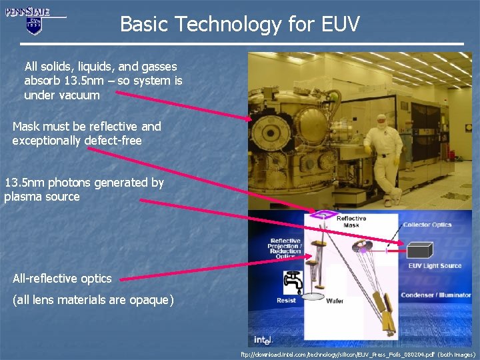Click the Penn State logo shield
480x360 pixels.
click(x=34, y=25)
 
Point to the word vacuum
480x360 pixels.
click(x=79, y=95)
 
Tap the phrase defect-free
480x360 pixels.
click(x=113, y=140)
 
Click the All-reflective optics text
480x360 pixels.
click(x=62, y=278)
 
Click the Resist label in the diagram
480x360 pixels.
click(x=286, y=301)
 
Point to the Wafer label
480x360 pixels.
click(x=335, y=301)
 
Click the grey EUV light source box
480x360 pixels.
click(x=418, y=252)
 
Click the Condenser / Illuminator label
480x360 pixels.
click(x=438, y=295)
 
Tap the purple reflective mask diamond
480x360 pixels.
click(x=318, y=215)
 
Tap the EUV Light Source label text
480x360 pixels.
click(x=434, y=267)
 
